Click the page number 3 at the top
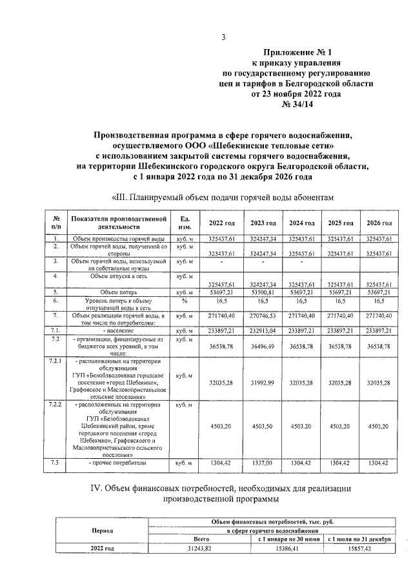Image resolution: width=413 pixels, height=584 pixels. [x=223, y=37]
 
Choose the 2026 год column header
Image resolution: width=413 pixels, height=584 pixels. [x=378, y=223]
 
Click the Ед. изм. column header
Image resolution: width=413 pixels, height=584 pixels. [x=185, y=223]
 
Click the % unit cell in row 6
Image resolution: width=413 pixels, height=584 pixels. [x=185, y=301]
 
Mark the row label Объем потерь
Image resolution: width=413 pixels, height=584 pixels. [x=119, y=292]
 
